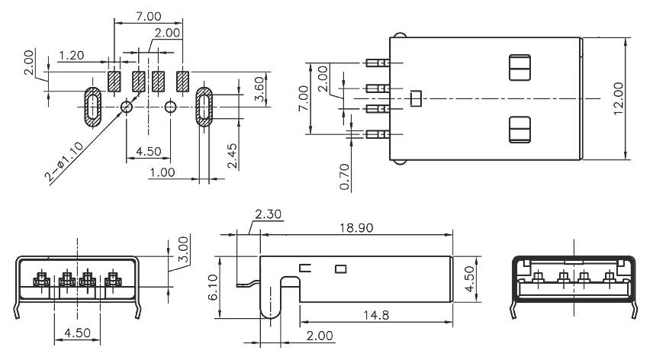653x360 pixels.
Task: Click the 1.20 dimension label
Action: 71,56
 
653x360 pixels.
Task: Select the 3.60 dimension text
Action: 260,89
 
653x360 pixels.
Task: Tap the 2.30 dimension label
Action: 268,216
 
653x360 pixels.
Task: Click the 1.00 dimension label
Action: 163,172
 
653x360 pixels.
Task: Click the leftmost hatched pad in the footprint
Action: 114,82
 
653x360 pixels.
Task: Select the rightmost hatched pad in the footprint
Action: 183,82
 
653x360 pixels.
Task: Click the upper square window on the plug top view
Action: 519,67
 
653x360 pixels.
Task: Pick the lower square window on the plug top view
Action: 519,129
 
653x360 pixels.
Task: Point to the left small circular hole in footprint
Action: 127,107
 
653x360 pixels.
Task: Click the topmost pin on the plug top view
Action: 376,63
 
